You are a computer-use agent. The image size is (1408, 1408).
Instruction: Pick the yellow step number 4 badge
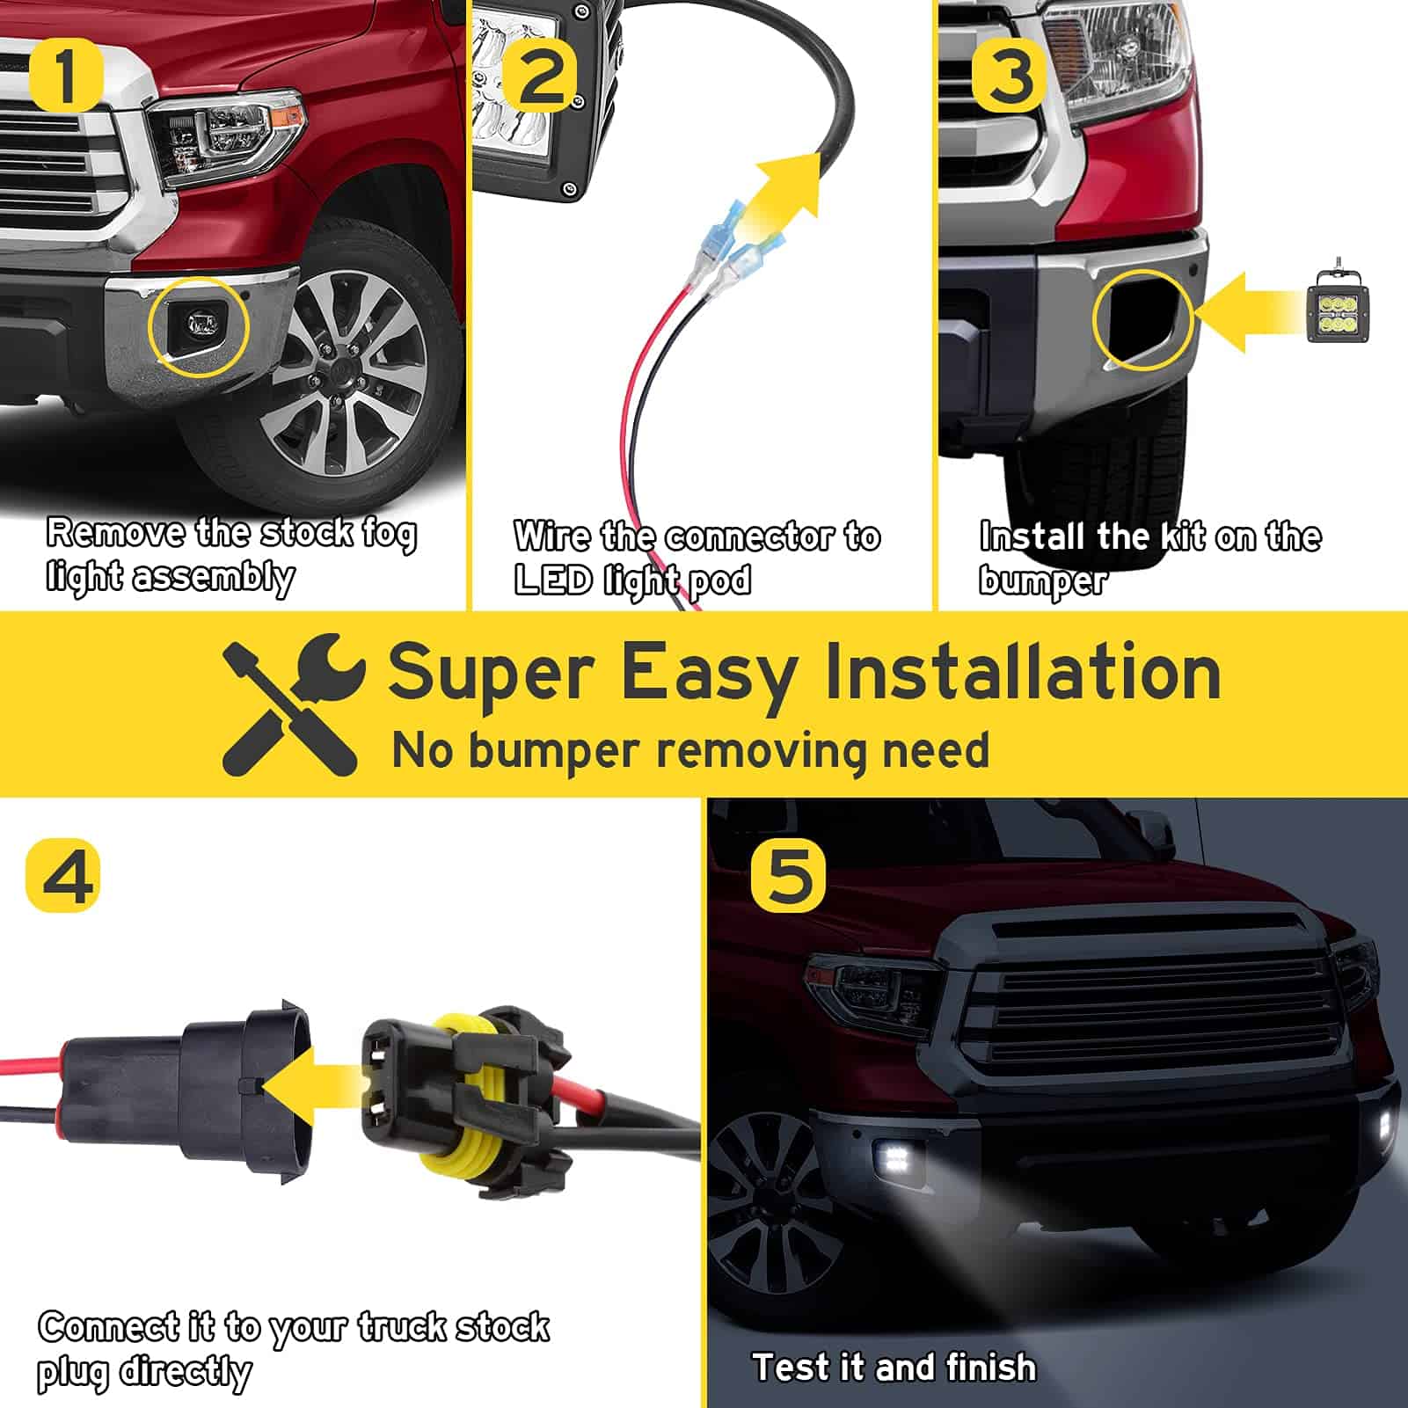62,874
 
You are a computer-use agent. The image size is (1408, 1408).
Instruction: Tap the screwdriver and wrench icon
290,704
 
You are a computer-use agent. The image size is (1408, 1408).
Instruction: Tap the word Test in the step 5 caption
791,1368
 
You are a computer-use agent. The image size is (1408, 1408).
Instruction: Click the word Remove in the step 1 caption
115,533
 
